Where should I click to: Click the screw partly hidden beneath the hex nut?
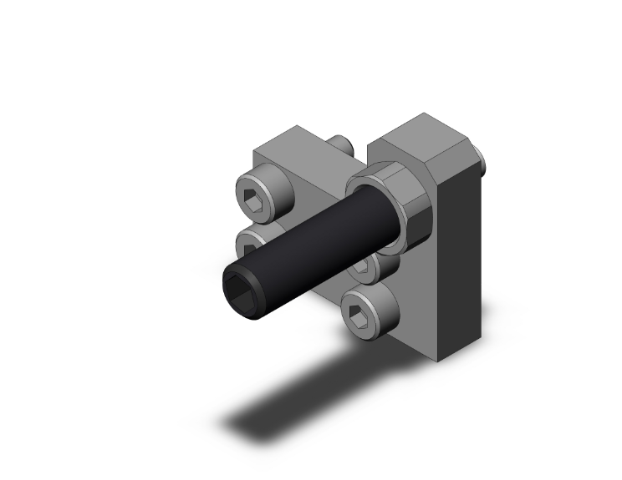point(366,265)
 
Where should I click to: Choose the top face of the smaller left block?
point(293,144)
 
